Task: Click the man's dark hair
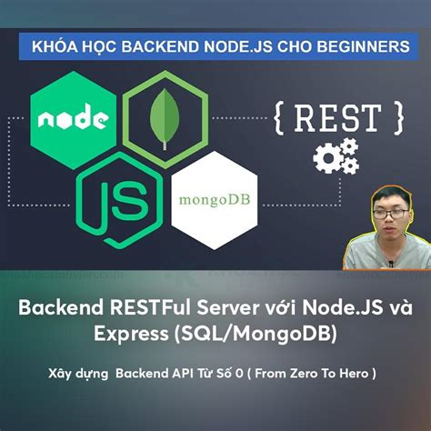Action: tap(386, 195)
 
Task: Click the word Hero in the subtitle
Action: tap(354, 373)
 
